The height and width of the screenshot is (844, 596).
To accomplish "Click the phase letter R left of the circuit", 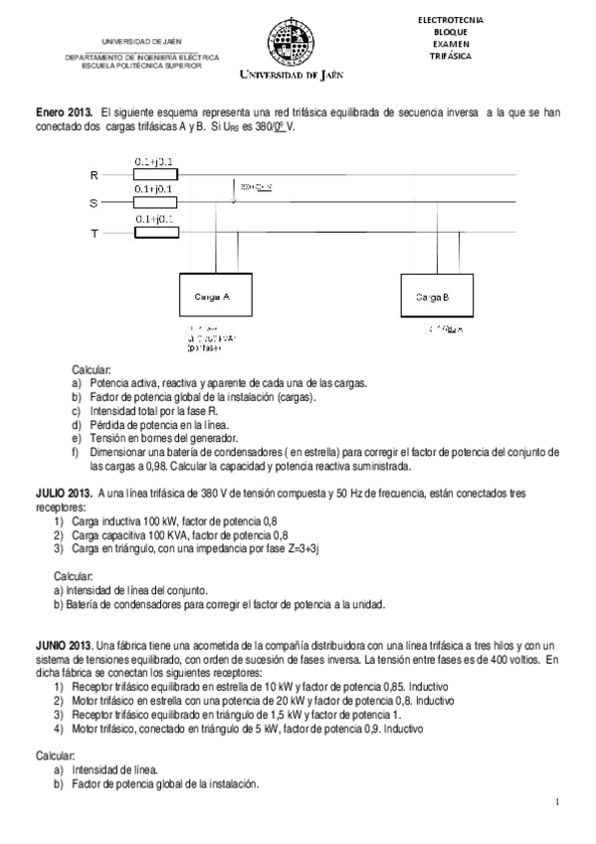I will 95,175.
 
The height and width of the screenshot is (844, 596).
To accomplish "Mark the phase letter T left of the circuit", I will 95,233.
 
